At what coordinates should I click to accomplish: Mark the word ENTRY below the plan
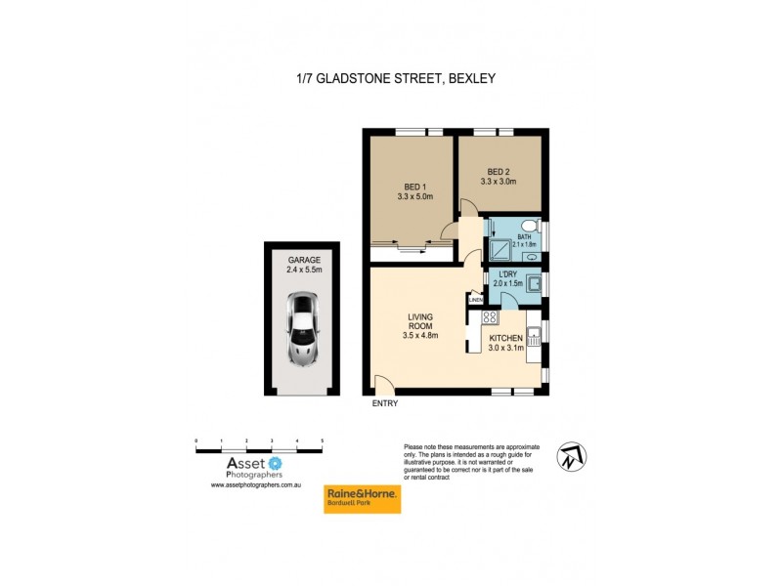(x=385, y=402)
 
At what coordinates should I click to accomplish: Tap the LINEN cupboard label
(x=476, y=301)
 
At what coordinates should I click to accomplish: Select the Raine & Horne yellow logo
(x=362, y=499)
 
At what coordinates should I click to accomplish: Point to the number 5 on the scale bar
(x=322, y=441)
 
